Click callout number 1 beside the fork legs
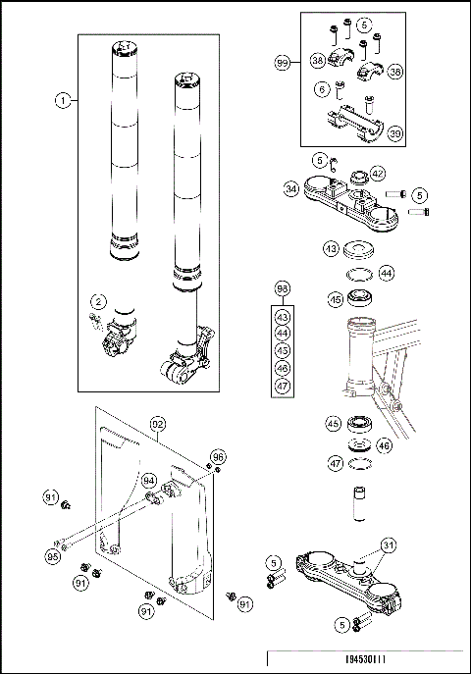coord(62,101)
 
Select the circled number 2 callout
coord(98,301)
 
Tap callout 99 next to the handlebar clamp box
coord(283,62)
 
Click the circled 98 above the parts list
coord(283,289)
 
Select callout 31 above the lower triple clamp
coord(391,545)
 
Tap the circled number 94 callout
coord(148,480)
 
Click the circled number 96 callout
coord(218,456)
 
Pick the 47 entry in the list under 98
coord(283,387)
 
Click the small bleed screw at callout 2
coord(92,317)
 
